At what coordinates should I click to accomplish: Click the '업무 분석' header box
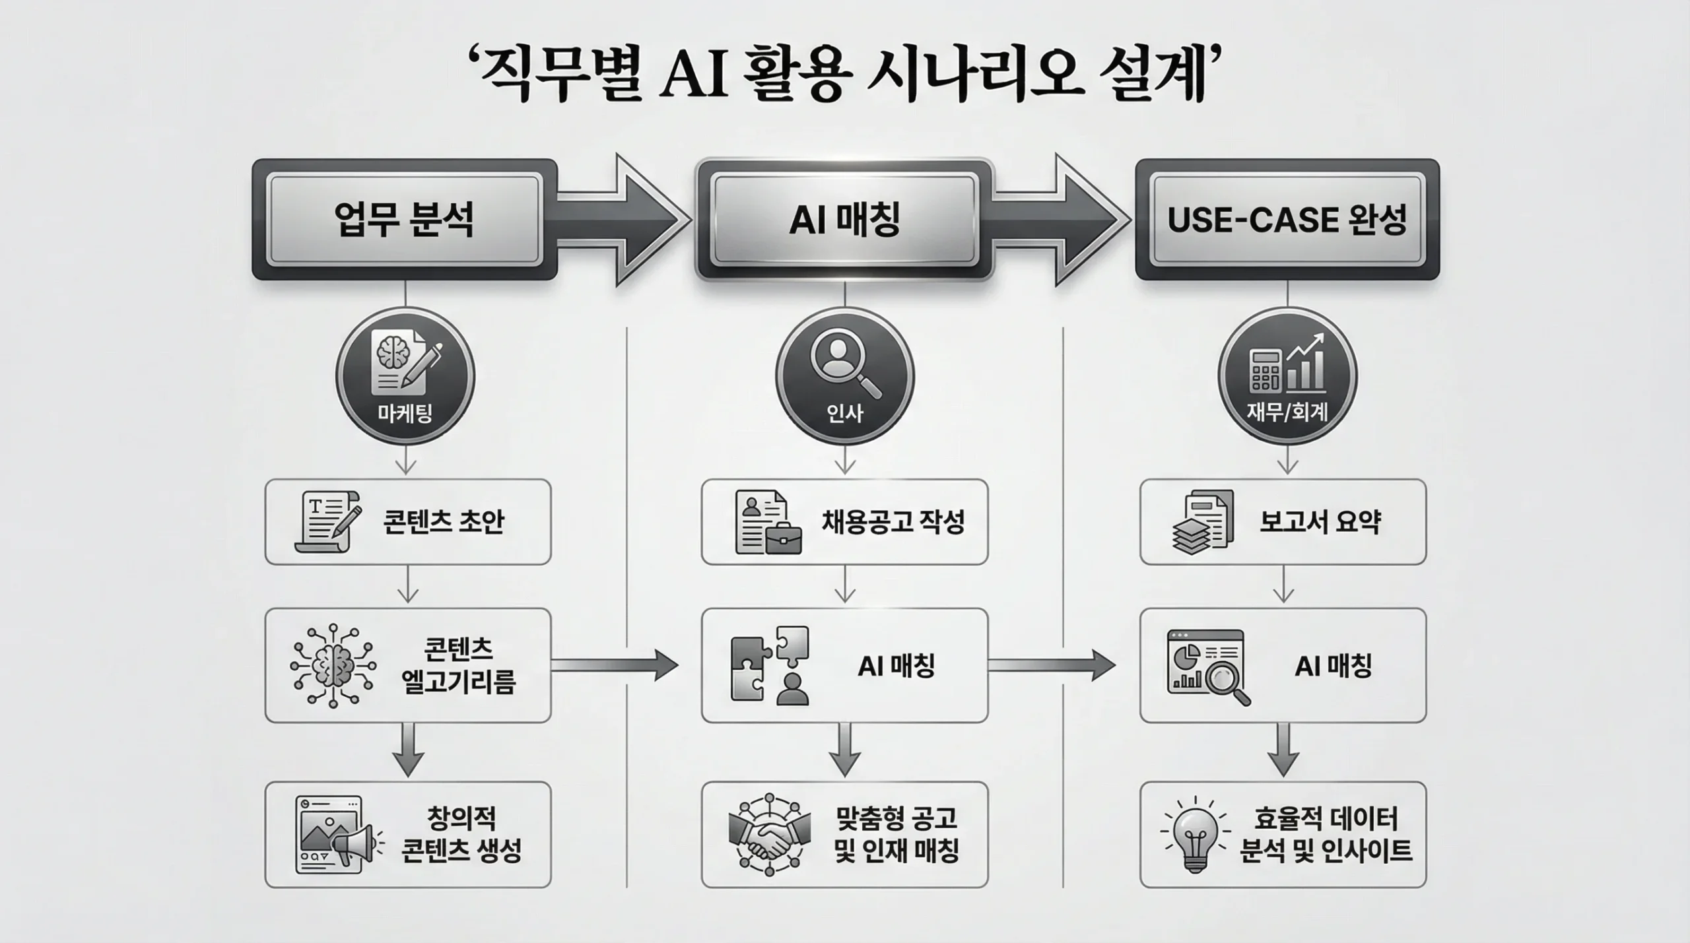(404, 220)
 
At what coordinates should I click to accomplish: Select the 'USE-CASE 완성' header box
(1287, 220)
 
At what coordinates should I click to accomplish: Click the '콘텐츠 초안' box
(407, 522)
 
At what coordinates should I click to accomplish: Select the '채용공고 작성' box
(844, 522)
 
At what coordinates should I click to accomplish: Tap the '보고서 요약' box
(1283, 522)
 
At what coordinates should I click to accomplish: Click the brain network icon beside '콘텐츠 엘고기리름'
(333, 666)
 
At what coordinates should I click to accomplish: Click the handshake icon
(769, 834)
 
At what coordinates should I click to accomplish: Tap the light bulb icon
(1195, 834)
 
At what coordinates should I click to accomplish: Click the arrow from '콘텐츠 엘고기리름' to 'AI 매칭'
(614, 665)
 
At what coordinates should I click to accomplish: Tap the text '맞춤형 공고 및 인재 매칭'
(896, 834)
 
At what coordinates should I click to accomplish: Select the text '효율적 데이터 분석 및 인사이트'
(1326, 835)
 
